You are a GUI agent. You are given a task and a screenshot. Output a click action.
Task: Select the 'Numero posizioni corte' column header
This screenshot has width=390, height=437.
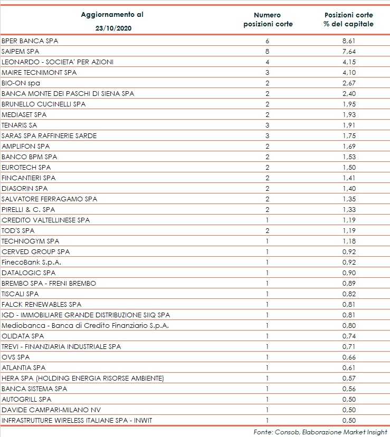[x=268, y=20]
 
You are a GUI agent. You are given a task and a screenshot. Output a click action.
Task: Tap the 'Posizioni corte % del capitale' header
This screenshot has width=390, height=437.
[x=349, y=20]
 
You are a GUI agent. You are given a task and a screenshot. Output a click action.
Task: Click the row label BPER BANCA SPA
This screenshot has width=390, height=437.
[x=30, y=41]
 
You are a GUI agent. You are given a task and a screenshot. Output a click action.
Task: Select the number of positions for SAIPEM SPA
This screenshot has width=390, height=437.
[x=268, y=51]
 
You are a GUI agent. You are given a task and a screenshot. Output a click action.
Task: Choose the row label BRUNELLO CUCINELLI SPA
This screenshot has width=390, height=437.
[x=44, y=104]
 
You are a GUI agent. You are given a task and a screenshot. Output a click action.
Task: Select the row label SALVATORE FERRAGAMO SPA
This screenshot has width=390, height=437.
[x=50, y=199]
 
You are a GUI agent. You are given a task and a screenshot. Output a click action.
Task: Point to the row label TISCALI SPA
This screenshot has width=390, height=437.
[x=21, y=294]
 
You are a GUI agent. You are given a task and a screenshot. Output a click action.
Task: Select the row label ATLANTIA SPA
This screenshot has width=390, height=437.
[x=24, y=367]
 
